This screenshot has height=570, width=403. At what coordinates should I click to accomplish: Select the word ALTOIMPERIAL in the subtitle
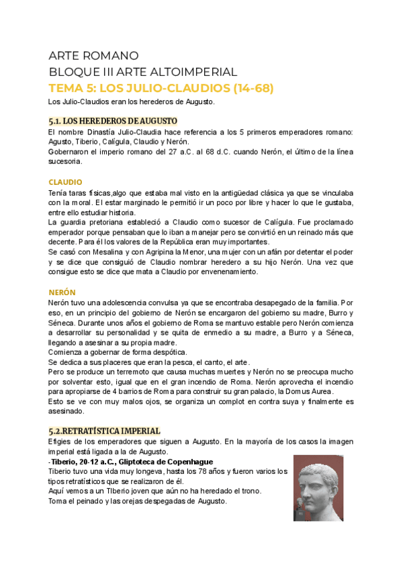point(199,72)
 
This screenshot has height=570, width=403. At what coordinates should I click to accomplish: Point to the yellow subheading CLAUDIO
point(65,182)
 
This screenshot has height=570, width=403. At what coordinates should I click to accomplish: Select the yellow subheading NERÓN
point(62,292)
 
